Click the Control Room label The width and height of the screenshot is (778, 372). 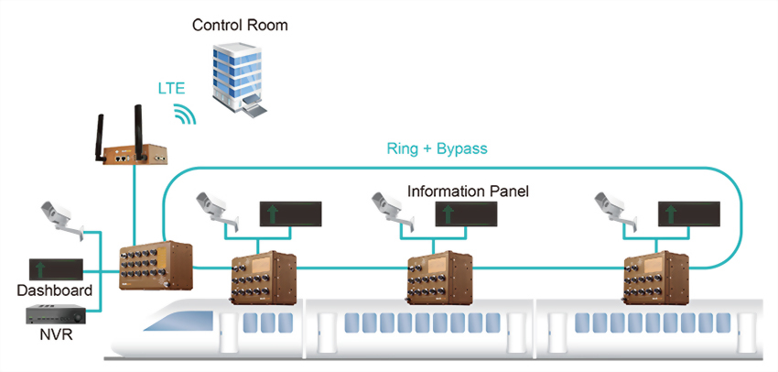click(240, 25)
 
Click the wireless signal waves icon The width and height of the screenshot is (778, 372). click(186, 113)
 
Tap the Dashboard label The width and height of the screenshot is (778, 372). click(54, 291)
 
